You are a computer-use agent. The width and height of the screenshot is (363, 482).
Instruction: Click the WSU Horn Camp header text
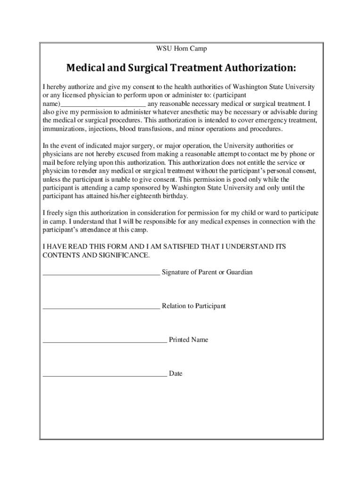181,48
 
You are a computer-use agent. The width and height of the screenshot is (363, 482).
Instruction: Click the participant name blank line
103,104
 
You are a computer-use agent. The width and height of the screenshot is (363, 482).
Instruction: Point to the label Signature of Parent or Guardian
207,272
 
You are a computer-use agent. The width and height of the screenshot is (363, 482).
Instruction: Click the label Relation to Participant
194,306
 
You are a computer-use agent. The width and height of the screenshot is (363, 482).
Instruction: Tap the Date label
176,374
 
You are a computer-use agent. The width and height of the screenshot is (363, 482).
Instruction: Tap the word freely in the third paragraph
56,213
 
